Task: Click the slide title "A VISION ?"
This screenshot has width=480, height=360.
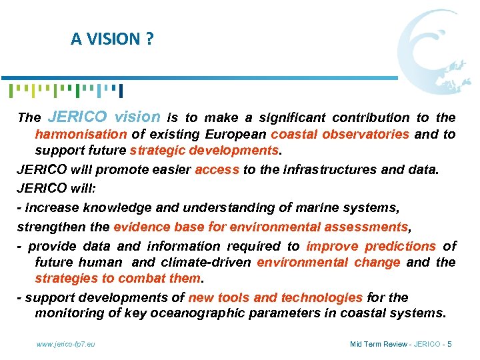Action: tap(112, 39)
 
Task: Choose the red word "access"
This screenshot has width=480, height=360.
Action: tap(216, 169)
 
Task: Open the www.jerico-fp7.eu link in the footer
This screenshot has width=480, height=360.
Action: tap(65, 344)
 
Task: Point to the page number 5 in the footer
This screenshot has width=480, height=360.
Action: tap(450, 344)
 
